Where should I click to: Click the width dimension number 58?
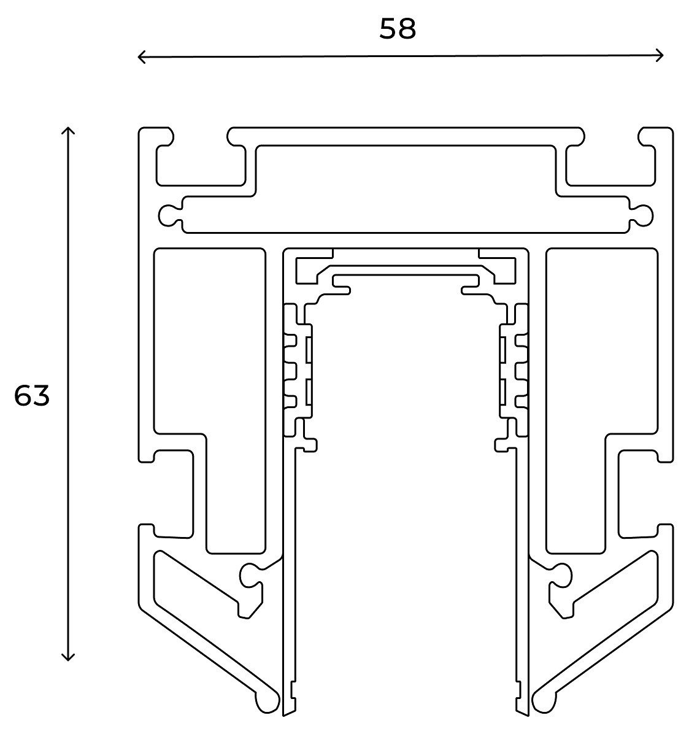click(x=398, y=29)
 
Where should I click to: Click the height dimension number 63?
click(x=32, y=396)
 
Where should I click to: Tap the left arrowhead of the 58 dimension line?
click(x=140, y=57)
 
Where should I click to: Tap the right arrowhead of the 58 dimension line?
click(x=660, y=55)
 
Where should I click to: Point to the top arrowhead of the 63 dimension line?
click(x=69, y=129)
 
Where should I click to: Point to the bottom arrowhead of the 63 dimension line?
click(x=69, y=658)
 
